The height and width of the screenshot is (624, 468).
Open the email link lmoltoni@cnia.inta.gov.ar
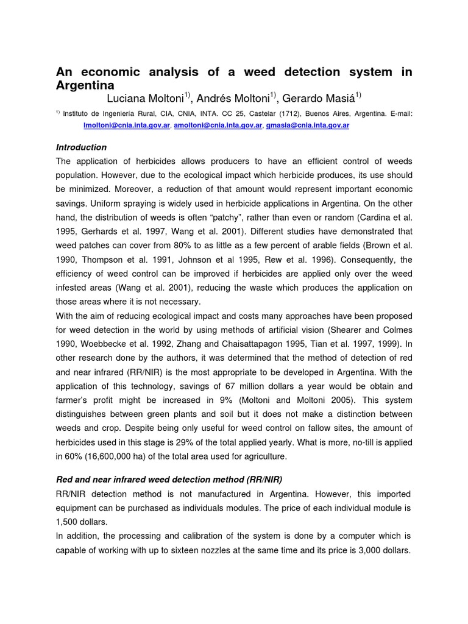[127, 125]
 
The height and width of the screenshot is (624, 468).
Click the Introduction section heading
[81, 147]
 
